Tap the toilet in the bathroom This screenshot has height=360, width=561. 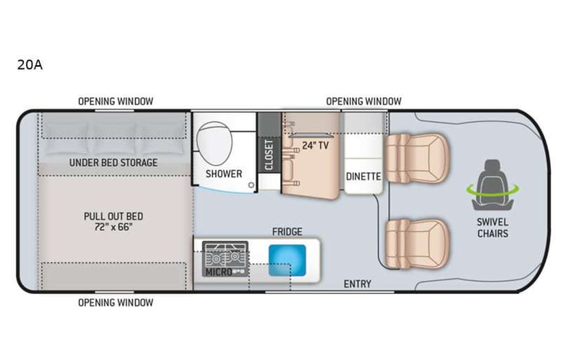214,142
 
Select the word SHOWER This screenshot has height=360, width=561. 223,173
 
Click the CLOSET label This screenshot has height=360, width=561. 269,154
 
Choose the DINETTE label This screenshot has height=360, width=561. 363,176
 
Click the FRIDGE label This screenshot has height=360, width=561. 287,231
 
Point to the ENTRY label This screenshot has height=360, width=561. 357,284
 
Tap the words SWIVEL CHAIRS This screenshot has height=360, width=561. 492,228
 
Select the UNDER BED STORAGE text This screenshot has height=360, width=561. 114,162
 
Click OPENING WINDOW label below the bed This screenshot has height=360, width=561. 115,302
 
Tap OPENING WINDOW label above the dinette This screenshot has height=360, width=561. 363,101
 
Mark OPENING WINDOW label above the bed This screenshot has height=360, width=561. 115,101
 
